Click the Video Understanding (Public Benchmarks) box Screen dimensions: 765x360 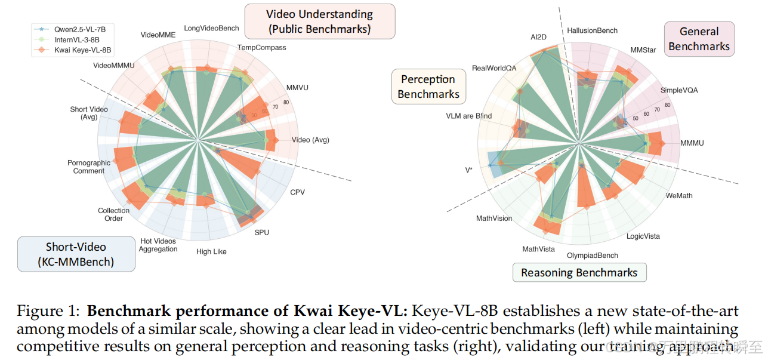[319, 21]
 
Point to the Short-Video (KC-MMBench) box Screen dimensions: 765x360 [76, 254]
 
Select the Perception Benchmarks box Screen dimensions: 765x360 [428, 87]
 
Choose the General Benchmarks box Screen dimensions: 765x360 [699, 39]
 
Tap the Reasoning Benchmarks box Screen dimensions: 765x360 [579, 273]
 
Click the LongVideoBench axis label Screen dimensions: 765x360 [211, 28]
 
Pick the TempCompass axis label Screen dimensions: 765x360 [261, 47]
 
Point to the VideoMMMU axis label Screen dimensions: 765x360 [114, 64]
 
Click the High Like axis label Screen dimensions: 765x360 [211, 251]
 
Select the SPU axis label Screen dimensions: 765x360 [262, 232]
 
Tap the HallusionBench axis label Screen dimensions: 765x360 [592, 30]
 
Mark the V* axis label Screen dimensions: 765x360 [469, 170]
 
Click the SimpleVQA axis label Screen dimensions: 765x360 [679, 90]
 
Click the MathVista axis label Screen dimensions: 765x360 [538, 248]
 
